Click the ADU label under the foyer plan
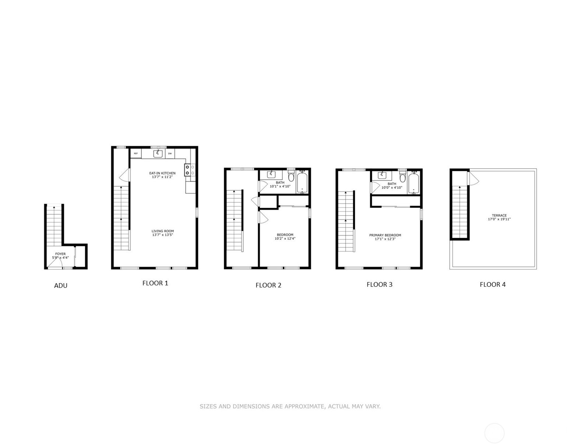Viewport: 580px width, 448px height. (61, 286)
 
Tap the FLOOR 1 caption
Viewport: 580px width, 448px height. (155, 283)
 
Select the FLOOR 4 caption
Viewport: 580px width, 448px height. (492, 285)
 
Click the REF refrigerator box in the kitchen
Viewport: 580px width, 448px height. (136, 154)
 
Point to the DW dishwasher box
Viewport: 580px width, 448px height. (170, 154)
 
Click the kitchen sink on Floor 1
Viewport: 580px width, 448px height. (158, 153)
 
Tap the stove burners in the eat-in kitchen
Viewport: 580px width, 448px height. (187, 170)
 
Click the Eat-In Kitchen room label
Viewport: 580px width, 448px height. (162, 173)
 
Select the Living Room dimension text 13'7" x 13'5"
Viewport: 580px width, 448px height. (162, 235)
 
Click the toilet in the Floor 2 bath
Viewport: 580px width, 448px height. (291, 176)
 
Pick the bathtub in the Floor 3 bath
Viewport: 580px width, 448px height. (414, 183)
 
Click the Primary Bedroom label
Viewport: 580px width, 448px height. (385, 235)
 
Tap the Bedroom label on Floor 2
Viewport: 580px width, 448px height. (285, 235)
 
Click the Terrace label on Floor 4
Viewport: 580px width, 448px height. (499, 216)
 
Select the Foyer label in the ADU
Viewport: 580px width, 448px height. (60, 254)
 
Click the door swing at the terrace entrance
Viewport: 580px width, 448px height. (473, 179)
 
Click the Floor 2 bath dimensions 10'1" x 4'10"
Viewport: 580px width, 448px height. (280, 186)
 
